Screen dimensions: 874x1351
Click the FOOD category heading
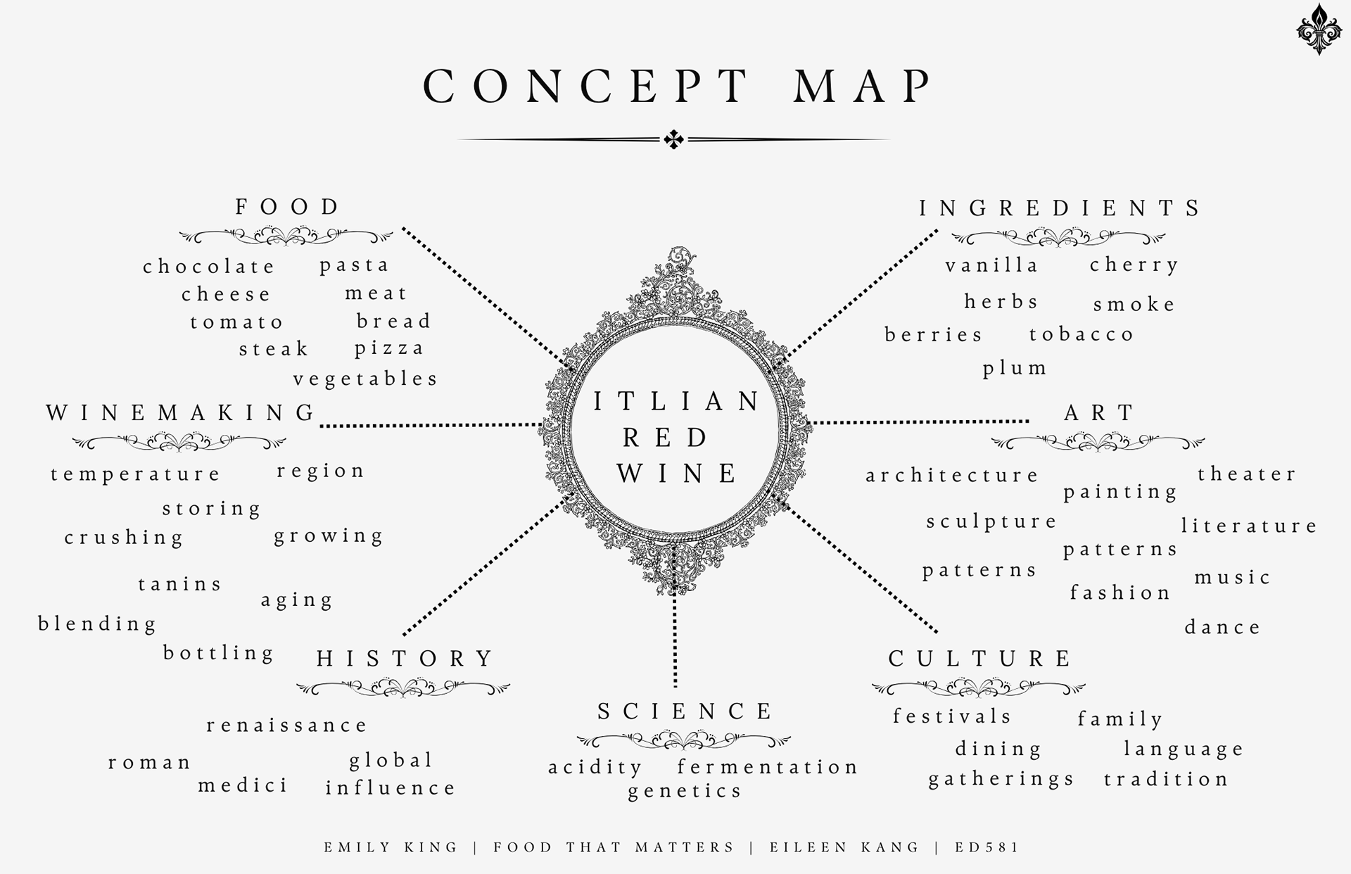pos(287,207)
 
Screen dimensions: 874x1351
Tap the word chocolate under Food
pos(209,267)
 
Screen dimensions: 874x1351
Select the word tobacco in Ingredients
pos(1082,334)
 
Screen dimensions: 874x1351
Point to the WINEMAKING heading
pos(182,413)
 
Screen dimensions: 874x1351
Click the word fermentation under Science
pos(768,766)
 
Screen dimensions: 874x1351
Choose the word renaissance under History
pos(287,726)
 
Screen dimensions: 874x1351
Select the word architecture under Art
pos(952,476)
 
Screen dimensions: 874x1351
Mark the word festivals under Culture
pos(952,716)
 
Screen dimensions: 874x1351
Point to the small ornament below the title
pos(673,139)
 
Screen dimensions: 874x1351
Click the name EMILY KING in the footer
pos(391,847)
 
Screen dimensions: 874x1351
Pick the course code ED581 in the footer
pos(987,847)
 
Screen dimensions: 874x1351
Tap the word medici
pos(243,785)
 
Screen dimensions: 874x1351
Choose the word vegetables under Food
pos(366,379)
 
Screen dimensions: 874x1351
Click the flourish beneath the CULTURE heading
pos(978,688)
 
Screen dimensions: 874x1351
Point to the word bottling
pos(219,653)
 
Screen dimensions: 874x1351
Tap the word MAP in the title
pos(864,87)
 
